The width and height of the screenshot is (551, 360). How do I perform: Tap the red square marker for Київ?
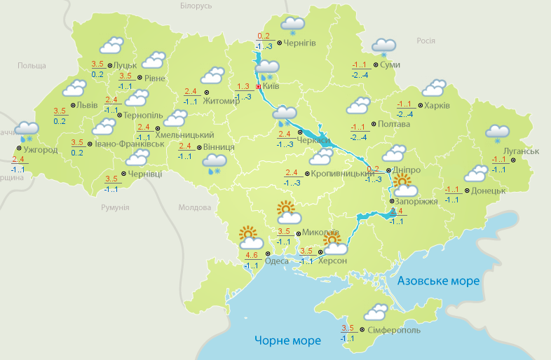point(258,87)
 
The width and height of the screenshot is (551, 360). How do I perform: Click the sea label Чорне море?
point(287,341)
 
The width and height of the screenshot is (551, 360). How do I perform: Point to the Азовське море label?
point(438,281)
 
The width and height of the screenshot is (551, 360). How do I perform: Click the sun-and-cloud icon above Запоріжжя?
point(404,186)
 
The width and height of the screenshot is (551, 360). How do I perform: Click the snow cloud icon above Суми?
point(383,47)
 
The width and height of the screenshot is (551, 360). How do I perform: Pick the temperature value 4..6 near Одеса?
point(252,254)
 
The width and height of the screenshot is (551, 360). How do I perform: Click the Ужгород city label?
point(40,150)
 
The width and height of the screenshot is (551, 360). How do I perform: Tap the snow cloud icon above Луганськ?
point(497,132)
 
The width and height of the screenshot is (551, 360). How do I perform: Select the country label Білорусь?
point(196,6)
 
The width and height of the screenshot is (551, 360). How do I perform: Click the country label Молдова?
point(194,207)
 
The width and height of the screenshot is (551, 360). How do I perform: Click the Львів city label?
point(87,105)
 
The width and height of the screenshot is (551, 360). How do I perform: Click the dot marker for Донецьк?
point(466,190)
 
